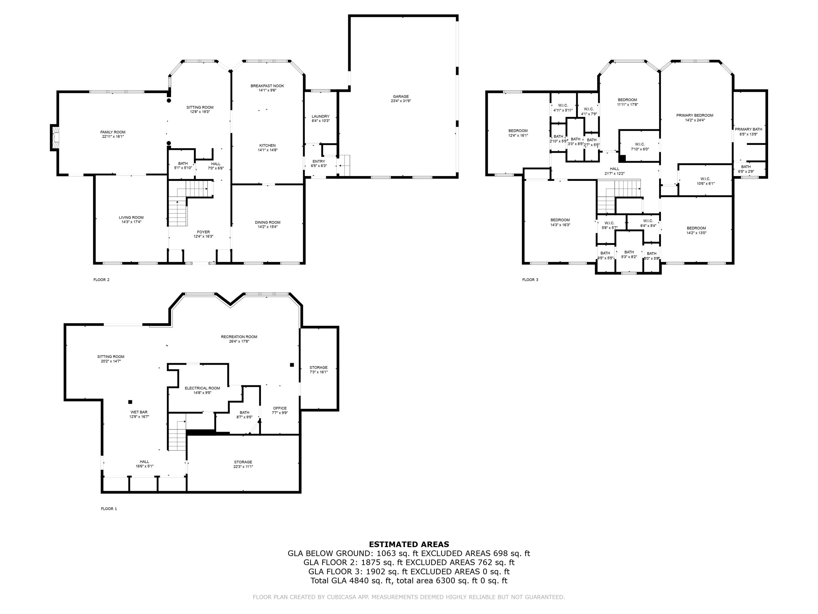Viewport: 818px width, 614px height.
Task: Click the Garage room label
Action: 401,97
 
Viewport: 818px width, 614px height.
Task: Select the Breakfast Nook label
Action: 267,86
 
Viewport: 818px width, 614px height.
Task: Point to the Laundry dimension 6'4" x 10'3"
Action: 320,121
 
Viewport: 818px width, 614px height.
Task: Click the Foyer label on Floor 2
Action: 203,232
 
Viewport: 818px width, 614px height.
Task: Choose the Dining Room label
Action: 267,222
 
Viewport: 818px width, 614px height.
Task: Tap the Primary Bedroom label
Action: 694,115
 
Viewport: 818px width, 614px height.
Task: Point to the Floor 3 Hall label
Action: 614,169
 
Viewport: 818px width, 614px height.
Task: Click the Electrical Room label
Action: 202,388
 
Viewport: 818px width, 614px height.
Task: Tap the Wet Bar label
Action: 139,412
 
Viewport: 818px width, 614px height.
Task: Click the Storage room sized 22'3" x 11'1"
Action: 243,462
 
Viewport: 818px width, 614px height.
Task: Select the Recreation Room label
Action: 239,337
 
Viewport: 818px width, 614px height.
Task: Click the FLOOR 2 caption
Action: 101,280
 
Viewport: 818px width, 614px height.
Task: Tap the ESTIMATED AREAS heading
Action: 409,544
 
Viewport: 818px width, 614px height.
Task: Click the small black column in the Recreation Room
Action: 292,365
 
